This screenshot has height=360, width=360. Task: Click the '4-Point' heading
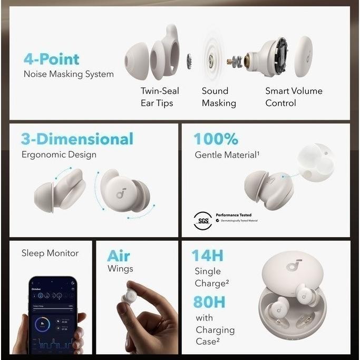[x=51, y=59]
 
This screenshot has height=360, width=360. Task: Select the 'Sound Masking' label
[x=218, y=97]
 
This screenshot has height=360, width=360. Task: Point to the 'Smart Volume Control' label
[x=294, y=97]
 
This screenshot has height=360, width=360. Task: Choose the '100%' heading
[x=216, y=139]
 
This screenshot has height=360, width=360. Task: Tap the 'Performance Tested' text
[x=233, y=215]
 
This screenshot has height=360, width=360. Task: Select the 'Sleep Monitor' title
[x=50, y=253]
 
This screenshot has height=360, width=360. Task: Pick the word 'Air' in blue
[x=119, y=256]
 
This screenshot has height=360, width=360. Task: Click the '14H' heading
[x=207, y=256]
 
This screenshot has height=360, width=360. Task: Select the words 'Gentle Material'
[x=227, y=155]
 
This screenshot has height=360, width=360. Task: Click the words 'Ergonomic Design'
[x=59, y=155]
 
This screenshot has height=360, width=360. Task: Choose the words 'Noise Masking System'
[x=69, y=74]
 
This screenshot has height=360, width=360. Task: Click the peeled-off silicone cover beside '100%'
[x=315, y=163]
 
